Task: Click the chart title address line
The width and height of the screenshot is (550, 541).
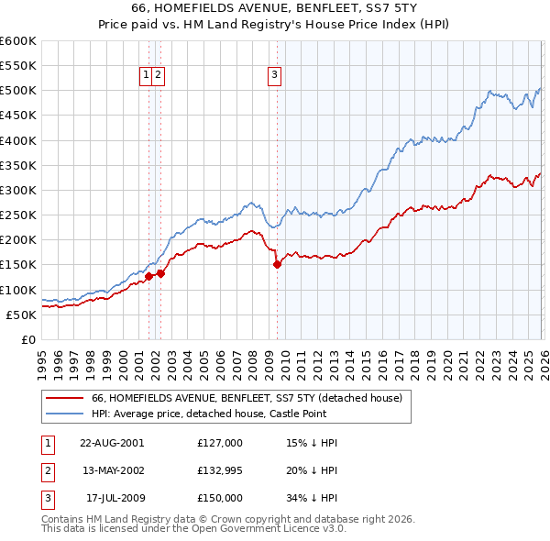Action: point(274,7)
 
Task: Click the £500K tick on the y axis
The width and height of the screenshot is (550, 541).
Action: point(18,91)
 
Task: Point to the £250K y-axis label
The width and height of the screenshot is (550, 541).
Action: point(18,215)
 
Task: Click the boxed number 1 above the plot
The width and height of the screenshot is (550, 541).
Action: point(147,76)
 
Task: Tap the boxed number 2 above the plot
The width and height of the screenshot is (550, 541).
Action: point(159,76)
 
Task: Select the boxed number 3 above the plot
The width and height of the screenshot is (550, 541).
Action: point(275,76)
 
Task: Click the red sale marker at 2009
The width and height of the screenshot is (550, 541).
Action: point(277,265)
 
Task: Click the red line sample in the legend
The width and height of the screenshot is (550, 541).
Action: point(64,399)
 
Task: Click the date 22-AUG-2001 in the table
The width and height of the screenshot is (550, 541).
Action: point(112,443)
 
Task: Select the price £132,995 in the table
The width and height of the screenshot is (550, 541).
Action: point(220,470)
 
